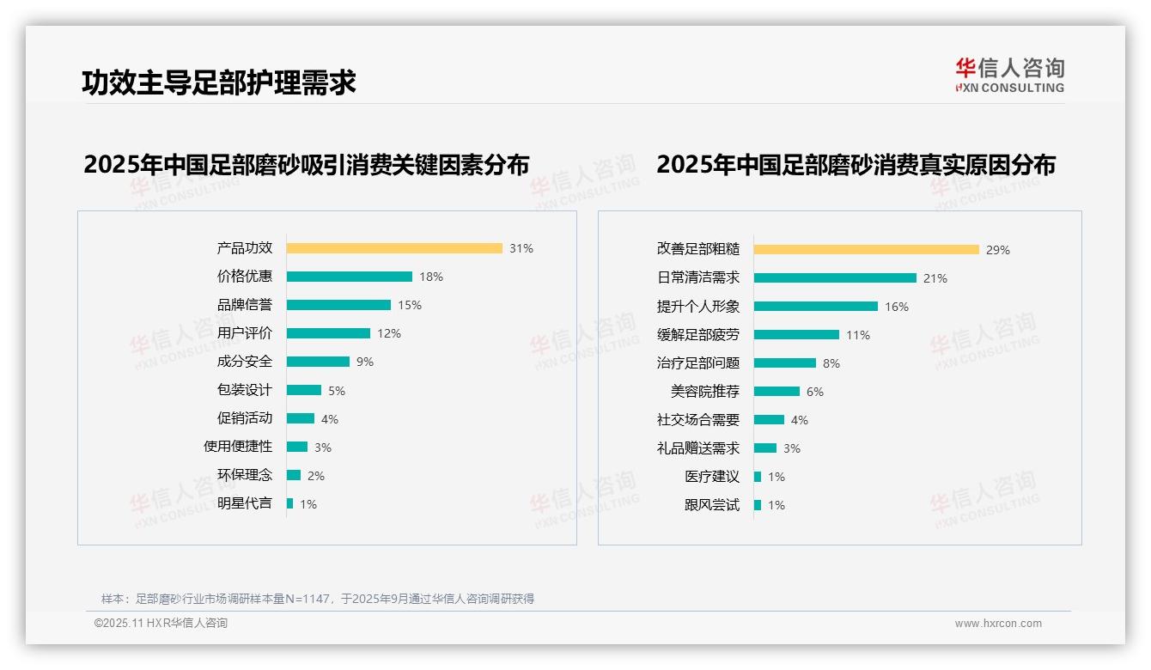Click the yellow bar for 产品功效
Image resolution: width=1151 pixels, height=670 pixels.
pyautogui.click(x=394, y=248)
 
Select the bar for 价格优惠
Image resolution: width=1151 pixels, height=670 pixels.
pyautogui.click(x=350, y=277)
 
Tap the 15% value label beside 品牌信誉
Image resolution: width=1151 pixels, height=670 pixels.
pyautogui.click(x=410, y=305)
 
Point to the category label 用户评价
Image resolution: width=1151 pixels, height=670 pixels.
pyautogui.click(x=244, y=333)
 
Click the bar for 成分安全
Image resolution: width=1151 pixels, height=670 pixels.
pyautogui.click(x=318, y=362)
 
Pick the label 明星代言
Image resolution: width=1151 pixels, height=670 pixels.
pyautogui.click(x=244, y=503)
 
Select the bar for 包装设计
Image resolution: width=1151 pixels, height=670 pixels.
pyautogui.click(x=304, y=390)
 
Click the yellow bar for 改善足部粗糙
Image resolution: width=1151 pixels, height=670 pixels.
pyautogui.click(x=867, y=250)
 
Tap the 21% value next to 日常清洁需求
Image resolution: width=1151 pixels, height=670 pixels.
pyautogui.click(x=935, y=278)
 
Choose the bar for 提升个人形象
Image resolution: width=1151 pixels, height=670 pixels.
pyautogui.click(x=816, y=307)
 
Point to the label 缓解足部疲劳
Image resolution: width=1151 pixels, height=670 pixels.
pyautogui.click(x=697, y=335)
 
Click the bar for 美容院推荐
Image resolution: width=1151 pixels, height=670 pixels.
pyautogui.click(x=776, y=392)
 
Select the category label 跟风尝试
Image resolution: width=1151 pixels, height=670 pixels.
pyautogui.click(x=711, y=505)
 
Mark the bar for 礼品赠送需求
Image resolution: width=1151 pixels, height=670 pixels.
pyautogui.click(x=765, y=448)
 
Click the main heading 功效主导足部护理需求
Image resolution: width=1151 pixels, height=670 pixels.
pyautogui.click(x=218, y=82)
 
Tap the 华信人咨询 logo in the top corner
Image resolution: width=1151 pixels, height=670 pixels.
pyautogui.click(x=1009, y=75)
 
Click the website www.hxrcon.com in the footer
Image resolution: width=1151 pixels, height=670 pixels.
pyautogui.click(x=998, y=624)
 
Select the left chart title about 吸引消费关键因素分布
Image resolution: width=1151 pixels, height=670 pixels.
pyautogui.click(x=306, y=164)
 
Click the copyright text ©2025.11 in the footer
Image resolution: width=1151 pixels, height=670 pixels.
pyautogui.click(x=161, y=624)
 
